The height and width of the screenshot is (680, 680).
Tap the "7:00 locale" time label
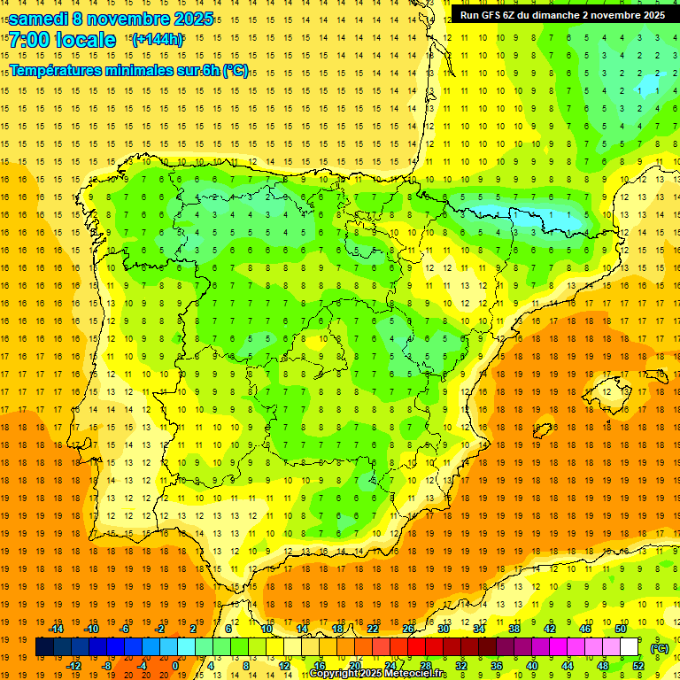tap(63, 40)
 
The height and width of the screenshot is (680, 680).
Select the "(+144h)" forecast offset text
tap(157, 40)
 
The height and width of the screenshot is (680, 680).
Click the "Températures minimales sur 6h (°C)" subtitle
tap(129, 71)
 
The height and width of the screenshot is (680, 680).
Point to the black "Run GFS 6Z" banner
tap(563, 15)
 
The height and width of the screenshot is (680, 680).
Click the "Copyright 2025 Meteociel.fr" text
tap(378, 674)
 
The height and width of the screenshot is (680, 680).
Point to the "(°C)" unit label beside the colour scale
tap(660, 648)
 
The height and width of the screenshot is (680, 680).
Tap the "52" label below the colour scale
tap(638, 666)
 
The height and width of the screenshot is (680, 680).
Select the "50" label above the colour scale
tap(621, 629)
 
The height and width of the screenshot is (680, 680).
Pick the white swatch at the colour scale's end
tap(630, 647)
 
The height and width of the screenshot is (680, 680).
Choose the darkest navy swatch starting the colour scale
tap(44, 647)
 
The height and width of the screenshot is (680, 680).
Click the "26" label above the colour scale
tap(408, 629)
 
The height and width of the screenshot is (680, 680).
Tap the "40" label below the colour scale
tap(532, 666)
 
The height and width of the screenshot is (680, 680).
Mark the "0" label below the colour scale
tap(174, 666)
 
